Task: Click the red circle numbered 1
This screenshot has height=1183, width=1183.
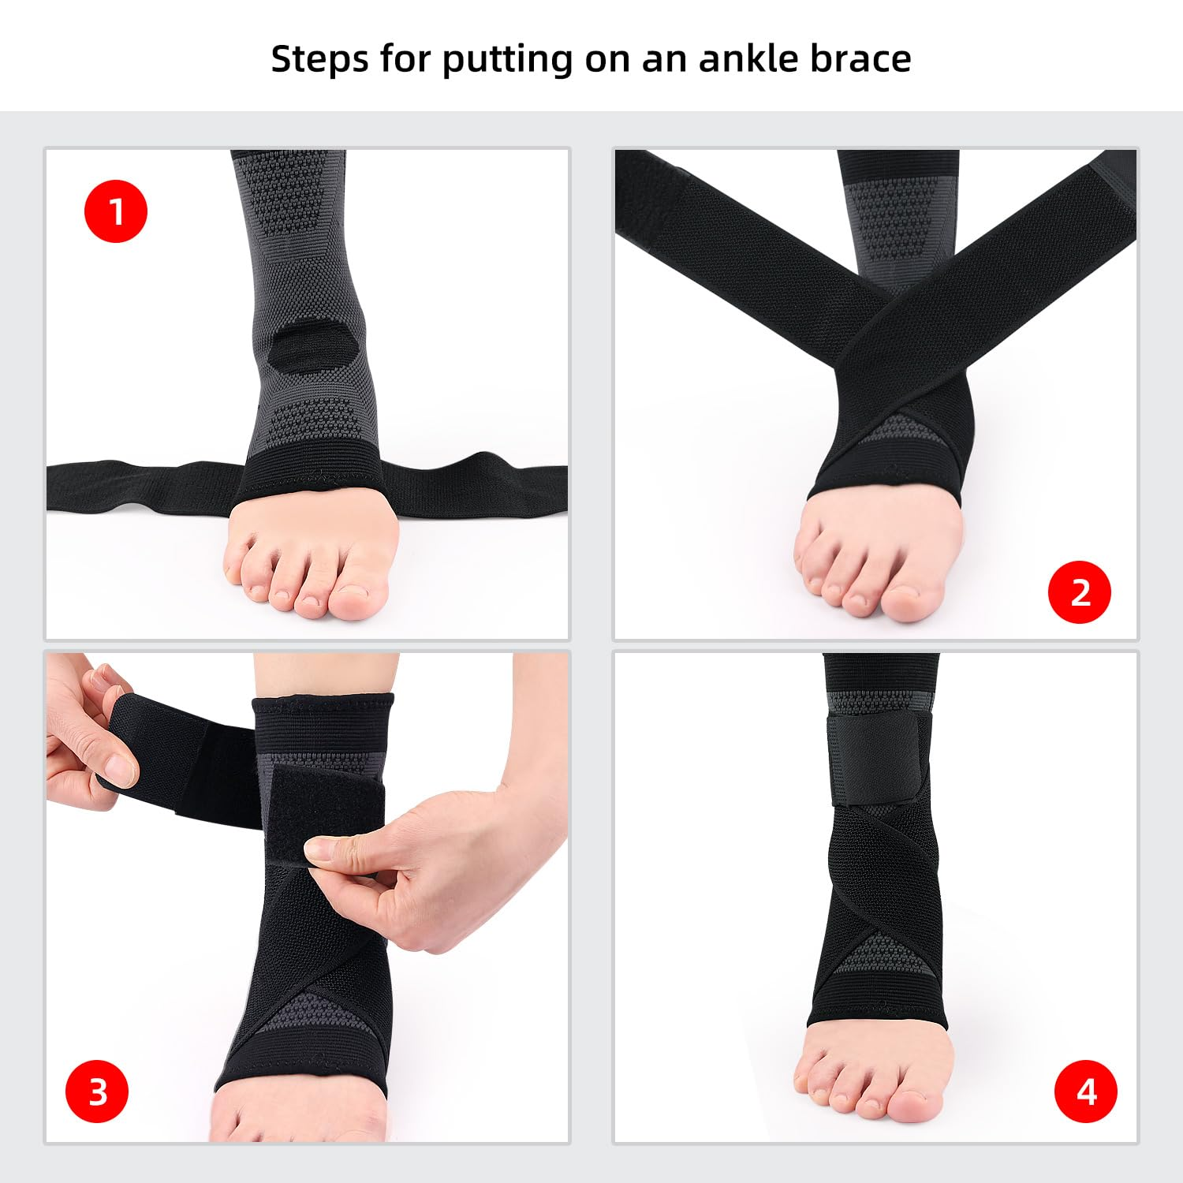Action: click(x=116, y=211)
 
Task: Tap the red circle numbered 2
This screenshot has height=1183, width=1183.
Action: click(x=1079, y=592)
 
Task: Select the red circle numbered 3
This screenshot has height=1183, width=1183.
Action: click(x=97, y=1092)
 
